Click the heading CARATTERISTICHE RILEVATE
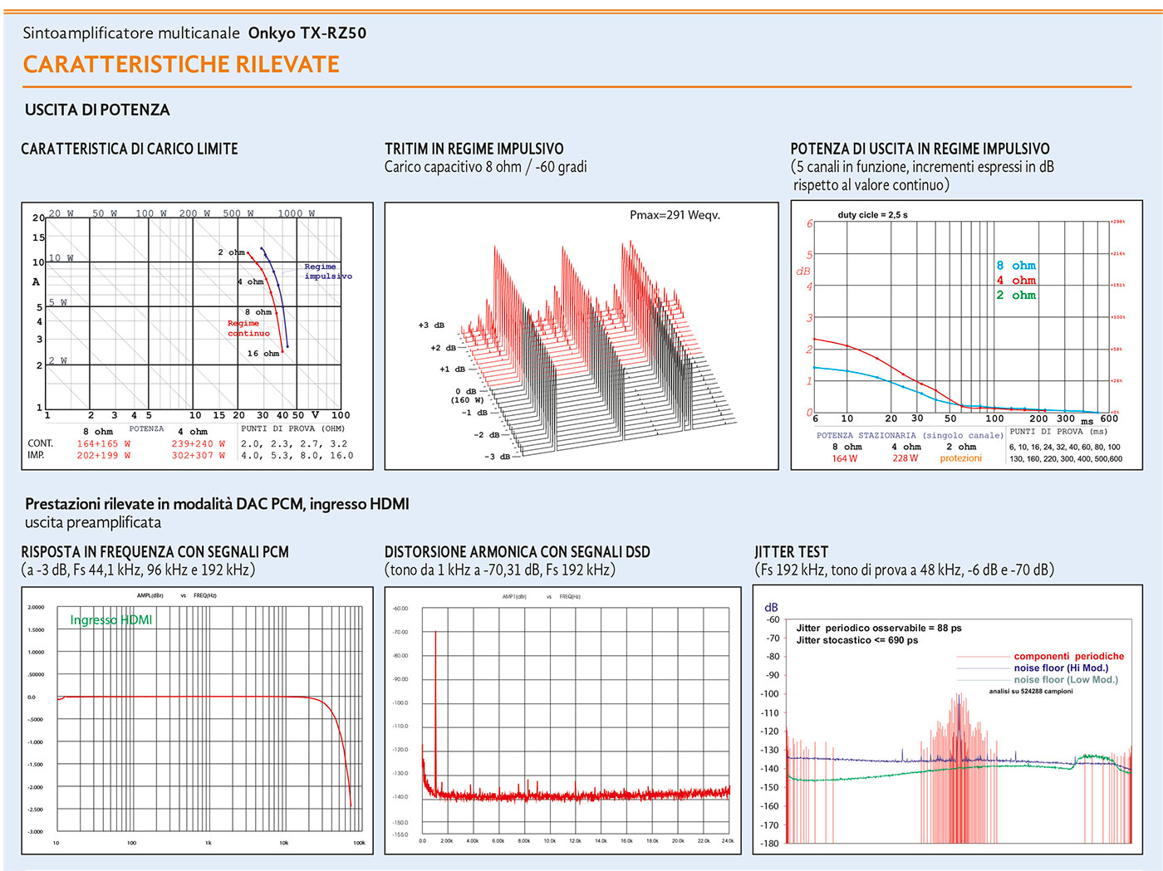tap(181, 64)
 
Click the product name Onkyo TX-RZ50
tap(307, 33)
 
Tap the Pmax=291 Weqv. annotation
tap(675, 215)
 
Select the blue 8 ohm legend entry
tap(1016, 266)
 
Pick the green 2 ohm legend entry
tap(1016, 296)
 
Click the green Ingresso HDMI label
tap(110, 620)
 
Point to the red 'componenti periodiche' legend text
tap(1068, 656)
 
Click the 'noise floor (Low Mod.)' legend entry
tap(1066, 679)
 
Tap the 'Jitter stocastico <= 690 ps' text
tap(856, 640)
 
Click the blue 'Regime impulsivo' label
tap(327, 272)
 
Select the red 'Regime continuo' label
tap(248, 328)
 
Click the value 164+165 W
tap(104, 444)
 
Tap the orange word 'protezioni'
tap(960, 458)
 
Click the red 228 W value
tap(905, 458)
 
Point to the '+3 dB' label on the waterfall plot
tap(431, 325)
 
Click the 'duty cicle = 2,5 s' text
tap(872, 215)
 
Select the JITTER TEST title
tap(791, 552)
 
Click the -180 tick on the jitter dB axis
tap(771, 844)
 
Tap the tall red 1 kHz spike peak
tap(435, 633)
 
